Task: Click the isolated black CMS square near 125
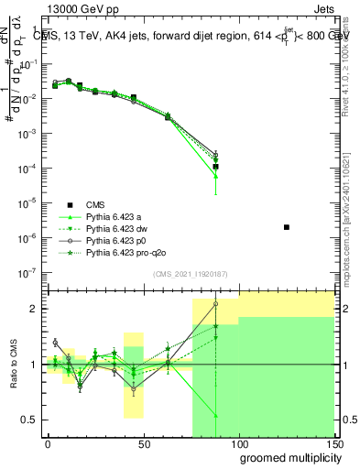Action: (287, 226)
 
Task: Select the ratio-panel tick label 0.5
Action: (30, 420)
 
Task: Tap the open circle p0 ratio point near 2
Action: (215, 303)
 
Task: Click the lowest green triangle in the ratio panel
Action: (215, 416)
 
